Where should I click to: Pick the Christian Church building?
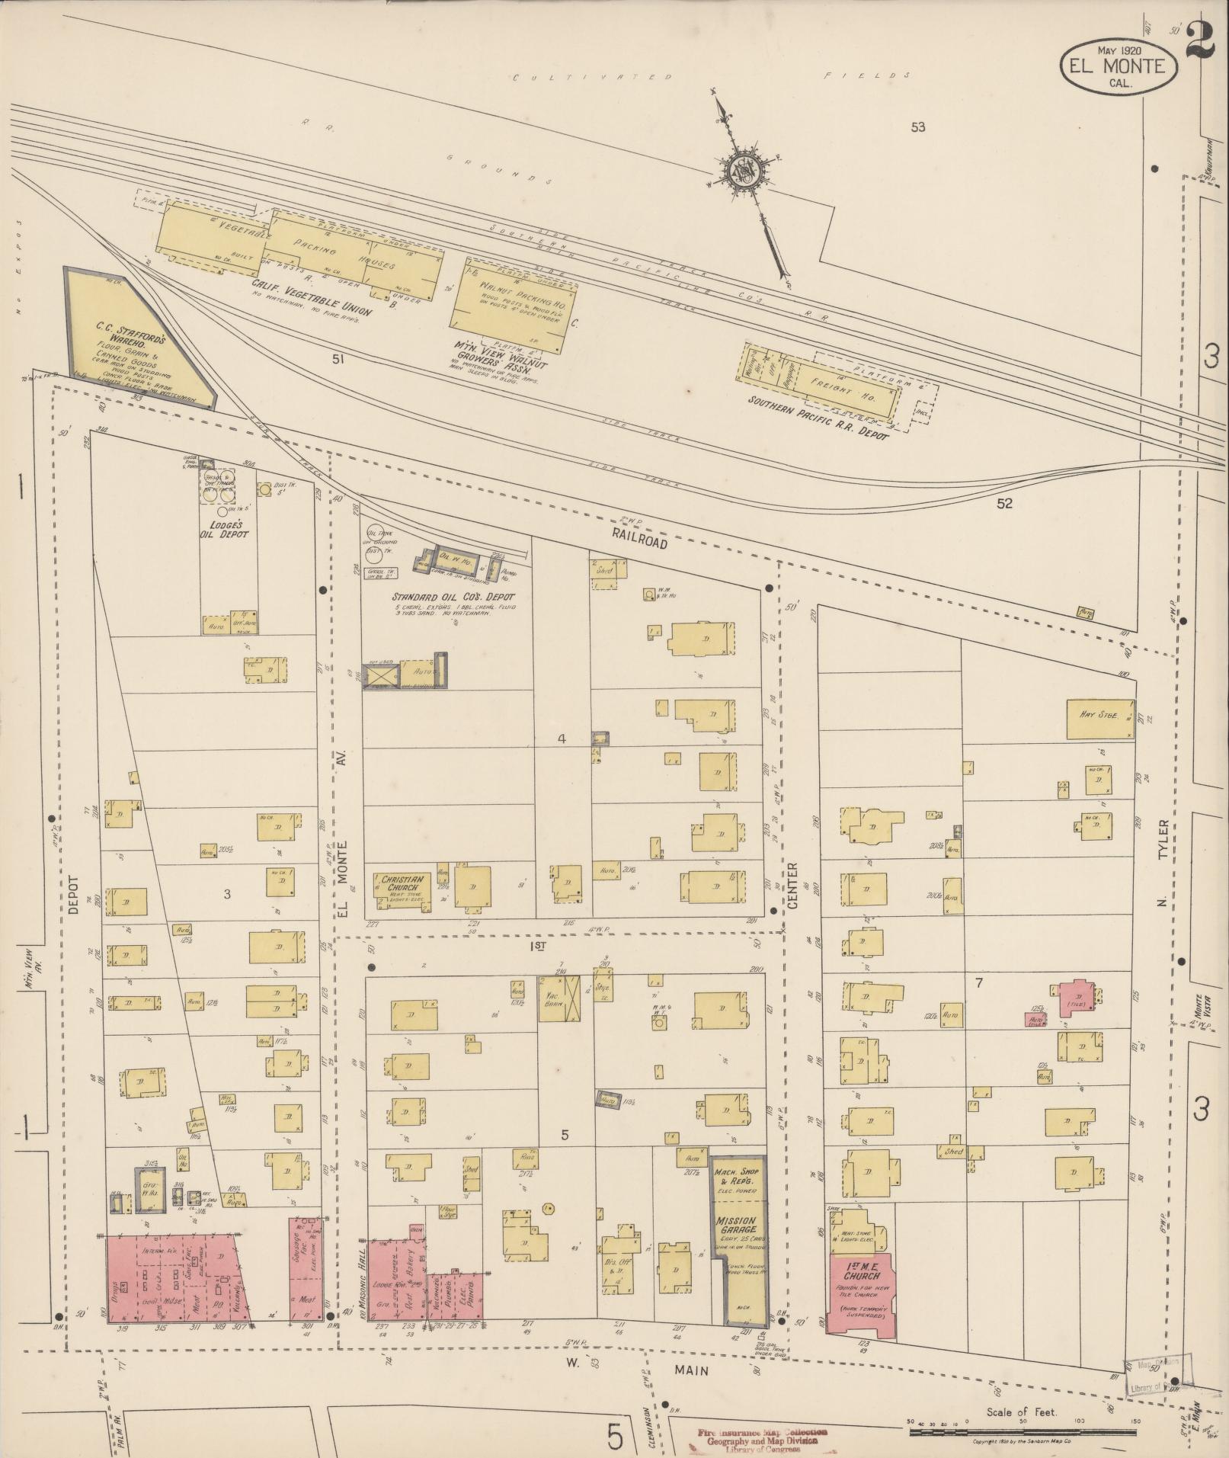click(402, 886)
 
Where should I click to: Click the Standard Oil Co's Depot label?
click(453, 597)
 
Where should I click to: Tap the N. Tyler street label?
click(1163, 863)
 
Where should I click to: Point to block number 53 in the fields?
click(917, 127)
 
